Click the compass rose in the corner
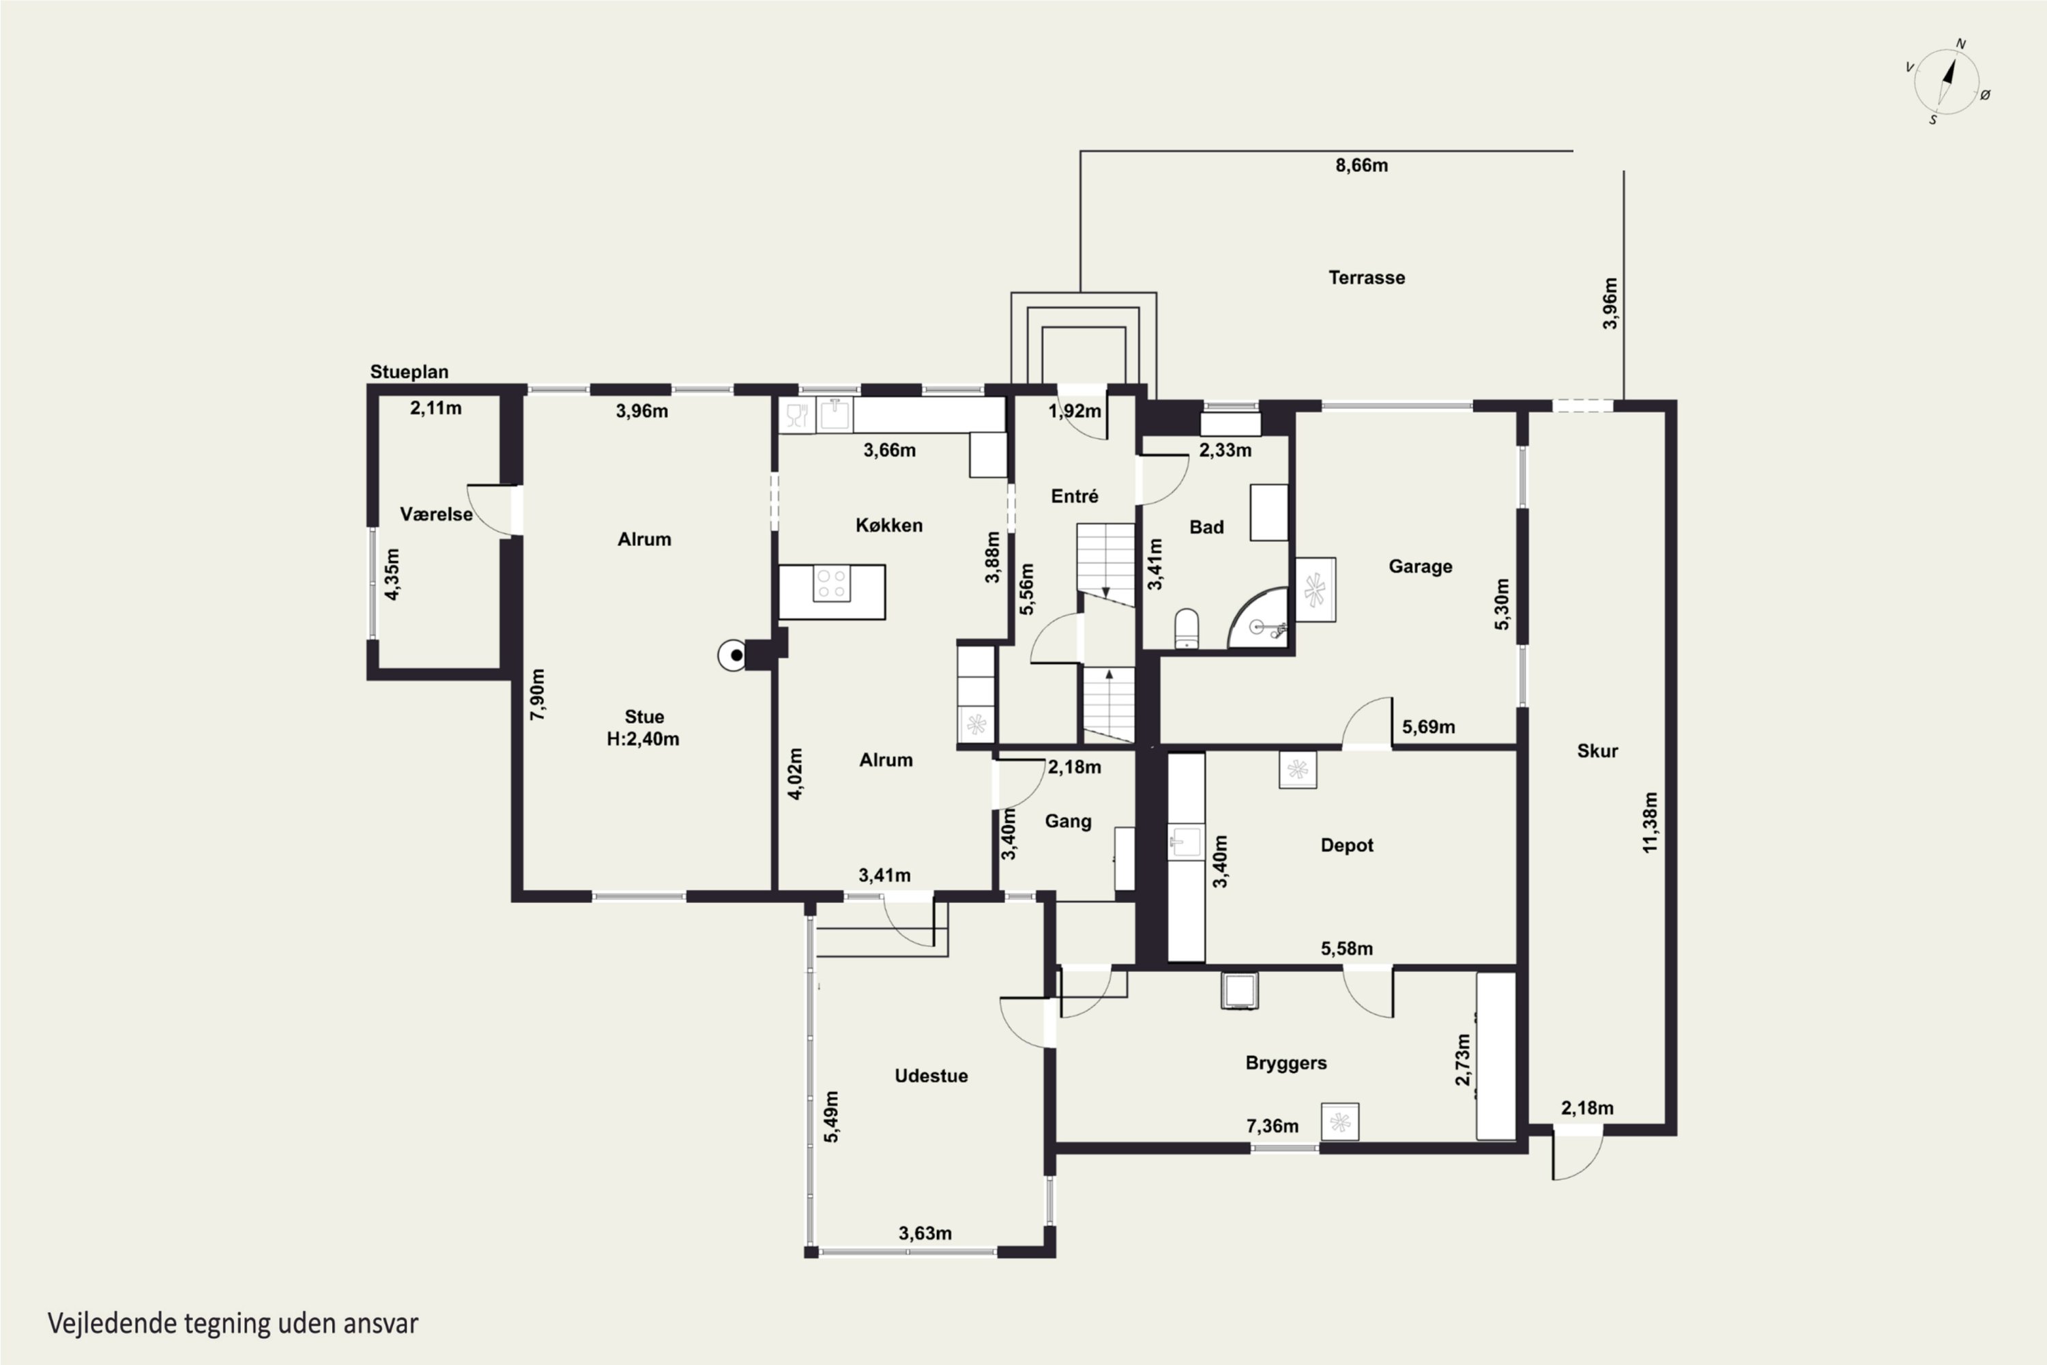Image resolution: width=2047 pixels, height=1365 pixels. (1947, 82)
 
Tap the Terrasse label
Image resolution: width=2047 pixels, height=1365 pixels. (1367, 278)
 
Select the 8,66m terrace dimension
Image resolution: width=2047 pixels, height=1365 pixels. (1361, 165)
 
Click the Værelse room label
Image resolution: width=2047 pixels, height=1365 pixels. (436, 515)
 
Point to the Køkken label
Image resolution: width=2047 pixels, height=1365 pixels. (888, 525)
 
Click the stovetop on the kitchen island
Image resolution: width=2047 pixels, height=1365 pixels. (831, 584)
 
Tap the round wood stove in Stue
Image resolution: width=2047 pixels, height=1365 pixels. (733, 655)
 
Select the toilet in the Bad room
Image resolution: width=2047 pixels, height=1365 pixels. (1187, 629)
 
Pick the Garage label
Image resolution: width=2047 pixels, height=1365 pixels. (1421, 566)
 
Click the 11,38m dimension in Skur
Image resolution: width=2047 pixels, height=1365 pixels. (1650, 822)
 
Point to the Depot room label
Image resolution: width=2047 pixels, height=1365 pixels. (1346, 846)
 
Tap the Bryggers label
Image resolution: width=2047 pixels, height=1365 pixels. (1286, 1063)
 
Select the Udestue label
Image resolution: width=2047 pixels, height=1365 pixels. (931, 1076)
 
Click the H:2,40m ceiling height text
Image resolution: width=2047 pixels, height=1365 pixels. (643, 739)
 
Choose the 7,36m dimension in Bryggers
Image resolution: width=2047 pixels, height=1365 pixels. (1273, 1127)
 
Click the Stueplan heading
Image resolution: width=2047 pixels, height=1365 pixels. (409, 372)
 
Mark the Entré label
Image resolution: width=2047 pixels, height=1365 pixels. (1074, 496)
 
